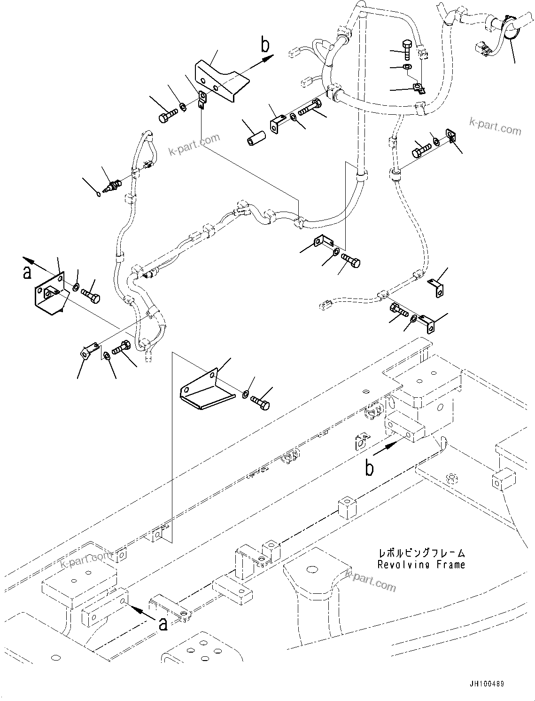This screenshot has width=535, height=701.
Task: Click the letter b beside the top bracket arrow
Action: [x=265, y=45]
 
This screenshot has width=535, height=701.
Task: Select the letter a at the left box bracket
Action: [x=27, y=272]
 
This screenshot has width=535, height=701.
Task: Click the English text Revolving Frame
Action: [x=421, y=565]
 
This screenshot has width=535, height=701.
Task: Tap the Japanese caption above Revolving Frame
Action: [x=421, y=553]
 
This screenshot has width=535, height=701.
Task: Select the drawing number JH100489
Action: [x=485, y=684]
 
